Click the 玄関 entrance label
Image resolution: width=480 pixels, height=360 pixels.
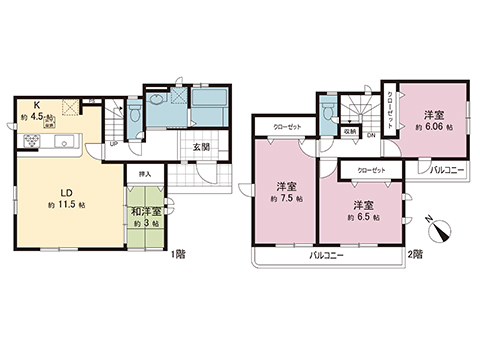pos(200,147)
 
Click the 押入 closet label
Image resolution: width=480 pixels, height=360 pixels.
pos(145,174)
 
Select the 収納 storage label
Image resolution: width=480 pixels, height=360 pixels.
pos(350,130)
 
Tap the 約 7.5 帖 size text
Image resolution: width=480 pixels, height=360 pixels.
pos(285,197)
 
